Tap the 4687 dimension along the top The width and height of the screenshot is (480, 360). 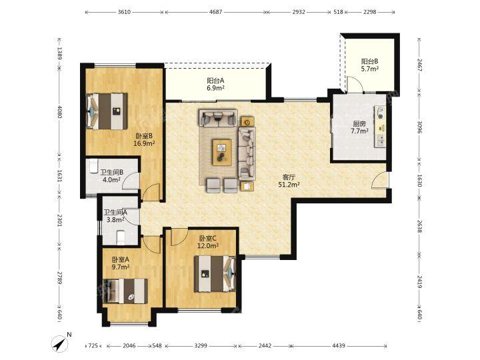point(215,12)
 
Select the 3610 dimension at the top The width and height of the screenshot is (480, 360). point(124,12)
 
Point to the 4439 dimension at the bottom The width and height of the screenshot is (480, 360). point(339,345)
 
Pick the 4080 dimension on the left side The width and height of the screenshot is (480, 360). point(59,112)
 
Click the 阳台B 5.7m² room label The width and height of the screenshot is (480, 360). point(370,65)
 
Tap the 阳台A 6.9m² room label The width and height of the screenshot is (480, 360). point(215,85)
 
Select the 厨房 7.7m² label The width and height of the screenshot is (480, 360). point(359,127)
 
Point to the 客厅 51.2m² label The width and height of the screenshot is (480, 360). point(289,181)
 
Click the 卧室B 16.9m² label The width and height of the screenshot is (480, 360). point(144,139)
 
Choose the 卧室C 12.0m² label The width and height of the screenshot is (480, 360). point(208,242)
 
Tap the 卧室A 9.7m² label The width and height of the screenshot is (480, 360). point(120,263)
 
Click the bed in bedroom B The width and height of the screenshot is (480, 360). point(107,111)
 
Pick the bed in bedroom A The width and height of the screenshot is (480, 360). point(125,291)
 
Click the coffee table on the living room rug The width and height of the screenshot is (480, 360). point(222,153)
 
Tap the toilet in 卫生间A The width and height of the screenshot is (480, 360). point(121,238)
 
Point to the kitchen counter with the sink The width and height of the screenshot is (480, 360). point(379,127)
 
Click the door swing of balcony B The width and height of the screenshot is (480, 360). point(355,84)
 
